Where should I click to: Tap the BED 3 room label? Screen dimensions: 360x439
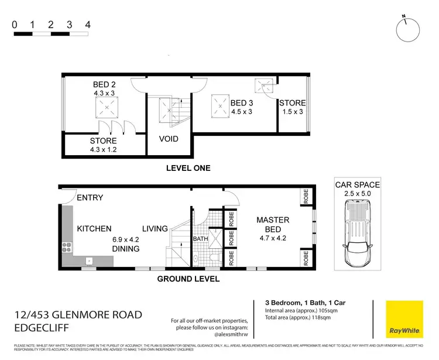coord(237,104)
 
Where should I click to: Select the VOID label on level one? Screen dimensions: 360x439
coord(169,139)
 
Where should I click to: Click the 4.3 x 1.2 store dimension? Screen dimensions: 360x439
coord(103,150)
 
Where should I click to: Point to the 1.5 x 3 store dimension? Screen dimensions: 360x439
coord(291,112)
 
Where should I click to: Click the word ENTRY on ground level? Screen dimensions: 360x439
coord(90,198)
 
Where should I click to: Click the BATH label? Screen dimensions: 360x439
coord(200,239)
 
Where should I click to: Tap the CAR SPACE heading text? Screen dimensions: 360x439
coord(356,185)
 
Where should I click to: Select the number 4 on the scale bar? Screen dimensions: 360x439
coord(87,25)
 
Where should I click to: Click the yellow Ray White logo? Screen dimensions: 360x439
coord(404,320)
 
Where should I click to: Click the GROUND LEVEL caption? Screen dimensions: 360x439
coord(188,279)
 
